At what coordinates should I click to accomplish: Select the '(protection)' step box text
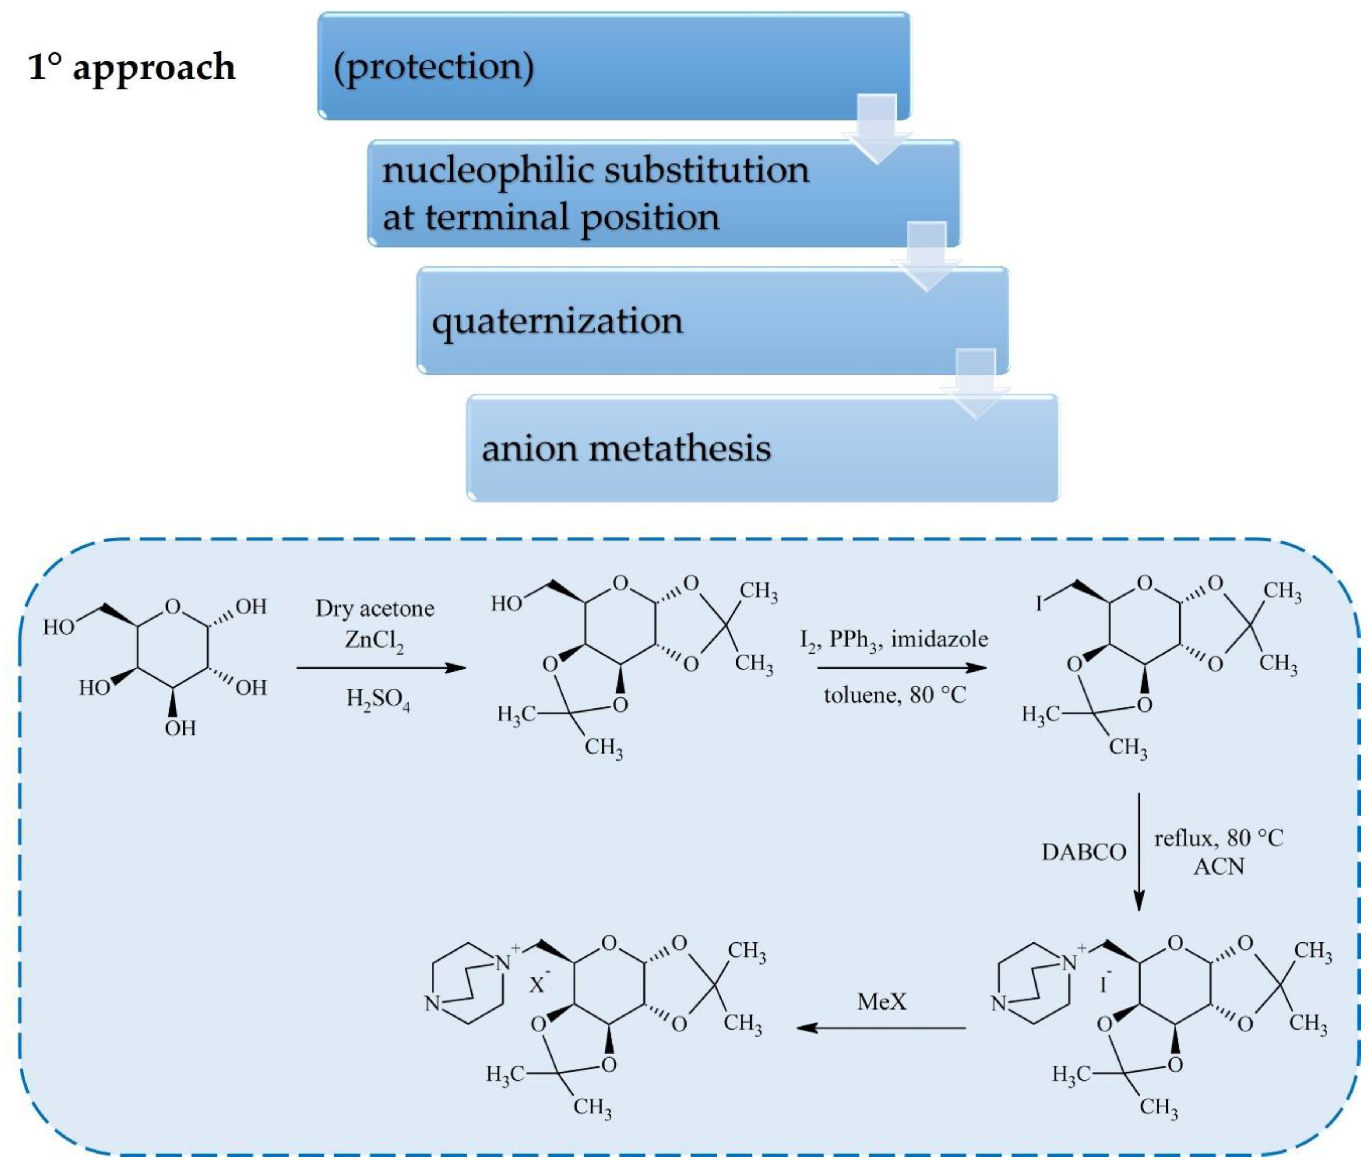click(433, 67)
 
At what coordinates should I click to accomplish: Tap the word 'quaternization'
click(557, 321)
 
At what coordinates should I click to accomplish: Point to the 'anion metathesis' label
click(626, 449)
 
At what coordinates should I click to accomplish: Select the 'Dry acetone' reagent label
click(375, 608)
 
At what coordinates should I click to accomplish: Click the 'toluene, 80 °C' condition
click(894, 695)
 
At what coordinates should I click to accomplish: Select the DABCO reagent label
click(1083, 852)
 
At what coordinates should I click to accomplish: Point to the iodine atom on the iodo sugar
click(1039, 603)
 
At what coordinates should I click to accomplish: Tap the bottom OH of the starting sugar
click(180, 728)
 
